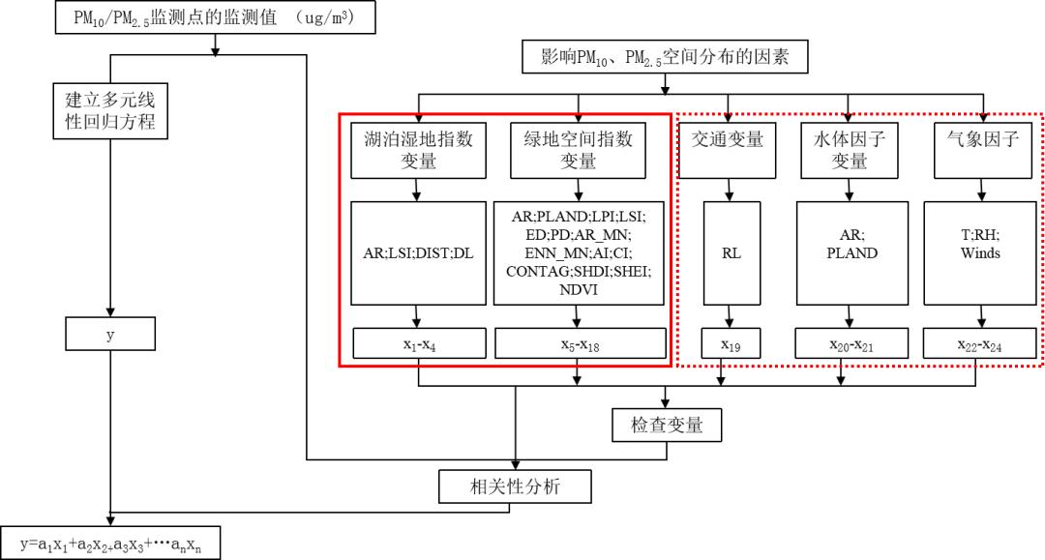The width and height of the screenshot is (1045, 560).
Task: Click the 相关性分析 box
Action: [514, 486]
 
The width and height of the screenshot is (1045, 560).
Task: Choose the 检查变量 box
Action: [666, 424]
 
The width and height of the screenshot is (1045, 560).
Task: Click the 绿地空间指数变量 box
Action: [578, 150]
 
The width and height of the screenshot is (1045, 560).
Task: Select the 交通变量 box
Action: [727, 150]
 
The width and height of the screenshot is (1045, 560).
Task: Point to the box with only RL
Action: [727, 252]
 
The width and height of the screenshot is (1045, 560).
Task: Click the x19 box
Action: [727, 343]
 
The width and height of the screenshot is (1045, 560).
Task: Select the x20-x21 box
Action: [851, 343]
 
